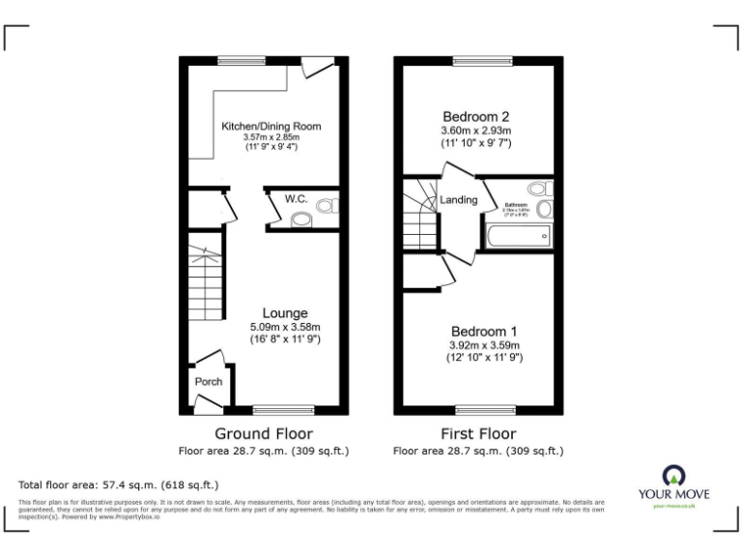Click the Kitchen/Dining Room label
point(271,127)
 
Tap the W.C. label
point(296,199)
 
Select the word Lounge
point(285,313)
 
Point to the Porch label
point(209,382)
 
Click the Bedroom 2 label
point(476,114)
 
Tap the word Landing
point(459,200)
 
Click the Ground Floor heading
point(263,433)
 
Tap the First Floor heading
point(478,433)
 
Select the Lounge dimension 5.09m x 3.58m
point(285,327)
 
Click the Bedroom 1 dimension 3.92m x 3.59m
point(480,345)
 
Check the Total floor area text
point(119,484)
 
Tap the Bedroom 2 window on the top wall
point(477,60)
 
